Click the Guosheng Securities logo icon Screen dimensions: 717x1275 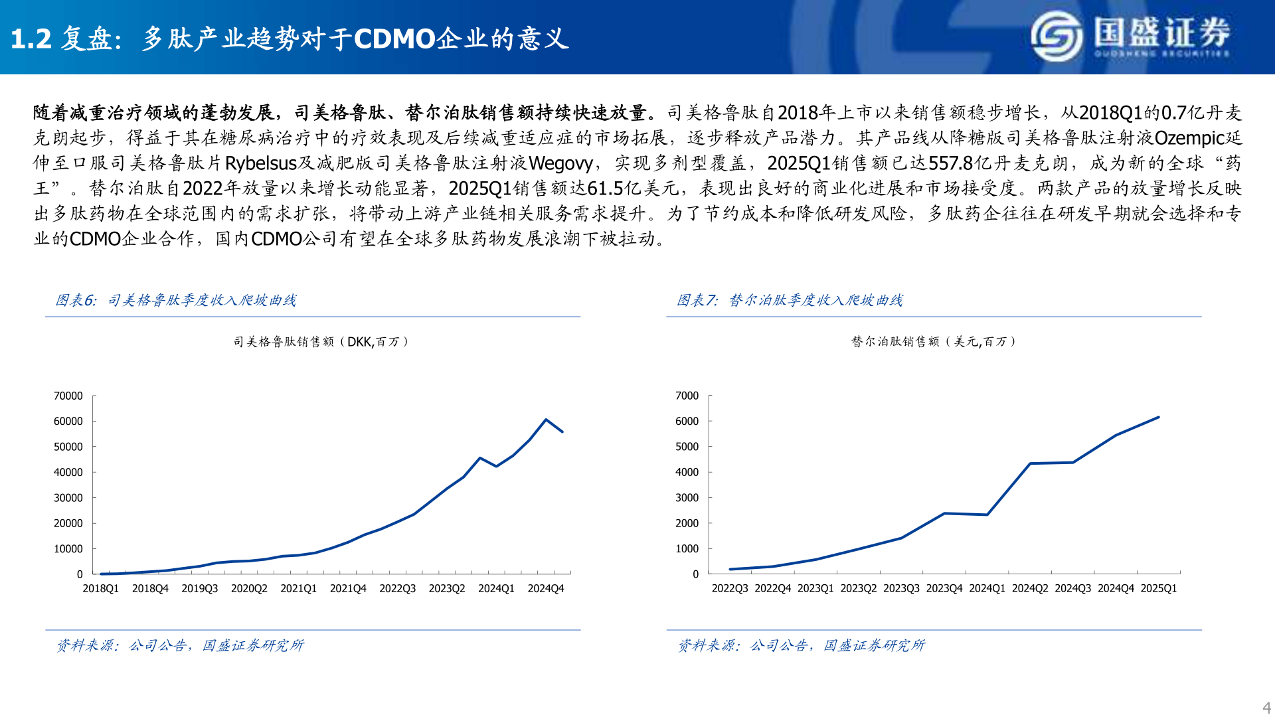pyautogui.click(x=1057, y=37)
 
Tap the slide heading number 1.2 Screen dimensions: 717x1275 pyautogui.click(x=31, y=39)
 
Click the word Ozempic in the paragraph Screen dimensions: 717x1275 pyautogui.click(x=1189, y=138)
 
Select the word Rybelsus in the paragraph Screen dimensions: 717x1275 pyautogui.click(x=260, y=163)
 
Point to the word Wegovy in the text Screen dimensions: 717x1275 pyautogui.click(x=560, y=163)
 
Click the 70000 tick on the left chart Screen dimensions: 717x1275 pyautogui.click(x=68, y=396)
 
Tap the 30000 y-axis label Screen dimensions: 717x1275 pyautogui.click(x=68, y=498)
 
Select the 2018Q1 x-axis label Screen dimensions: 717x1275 pyautogui.click(x=100, y=589)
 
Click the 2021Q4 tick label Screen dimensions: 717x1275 pyautogui.click(x=348, y=589)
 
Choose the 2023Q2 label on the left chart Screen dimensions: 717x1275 pyautogui.click(x=447, y=589)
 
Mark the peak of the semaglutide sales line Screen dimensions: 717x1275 pyautogui.click(x=546, y=420)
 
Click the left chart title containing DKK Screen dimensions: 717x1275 pyautogui.click(x=321, y=342)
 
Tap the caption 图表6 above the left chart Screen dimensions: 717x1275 pyautogui.click(x=76, y=301)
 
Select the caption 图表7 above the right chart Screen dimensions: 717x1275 pyautogui.click(x=697, y=301)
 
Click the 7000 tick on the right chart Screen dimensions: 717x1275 pyautogui.click(x=687, y=396)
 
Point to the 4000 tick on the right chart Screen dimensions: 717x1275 pyautogui.click(x=687, y=473)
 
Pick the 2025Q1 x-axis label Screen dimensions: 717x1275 pyautogui.click(x=1158, y=589)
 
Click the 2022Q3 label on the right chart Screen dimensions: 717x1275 pyautogui.click(x=730, y=589)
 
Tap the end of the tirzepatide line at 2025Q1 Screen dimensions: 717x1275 pyautogui.click(x=1158, y=418)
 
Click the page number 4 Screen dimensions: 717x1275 pyautogui.click(x=1266, y=708)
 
